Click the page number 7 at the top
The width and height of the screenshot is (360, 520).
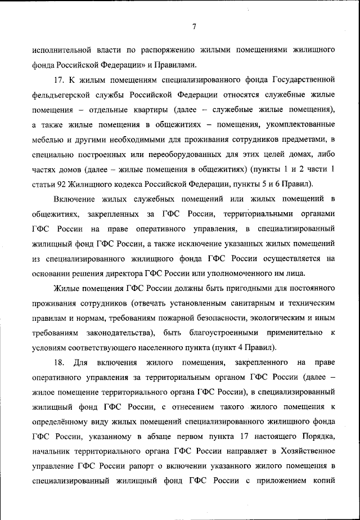193,26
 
